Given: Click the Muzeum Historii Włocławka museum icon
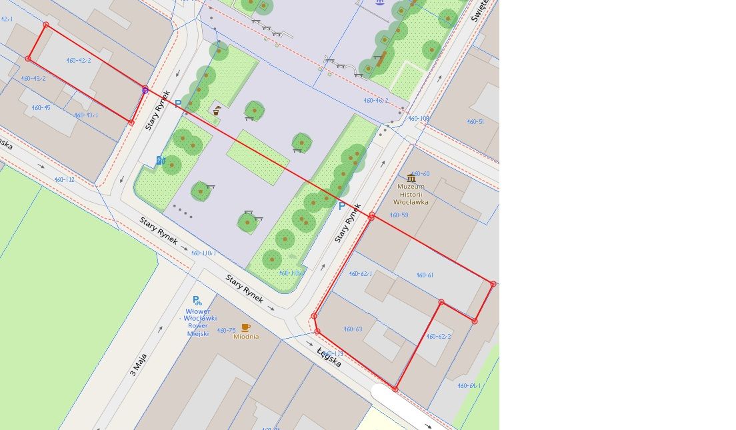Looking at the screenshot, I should [x=411, y=178].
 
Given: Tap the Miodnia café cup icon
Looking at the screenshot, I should [x=245, y=327].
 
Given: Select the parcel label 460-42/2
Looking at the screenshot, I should [x=79, y=61].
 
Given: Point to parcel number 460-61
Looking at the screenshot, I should [x=425, y=275].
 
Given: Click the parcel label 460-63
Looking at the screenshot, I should [x=353, y=329].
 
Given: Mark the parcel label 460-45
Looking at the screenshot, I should [x=41, y=107].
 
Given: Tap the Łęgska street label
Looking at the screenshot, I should [x=329, y=358].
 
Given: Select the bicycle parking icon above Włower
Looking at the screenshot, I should [x=197, y=301].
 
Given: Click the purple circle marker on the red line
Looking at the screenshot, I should [x=145, y=90].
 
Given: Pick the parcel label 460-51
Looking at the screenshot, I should [x=475, y=122].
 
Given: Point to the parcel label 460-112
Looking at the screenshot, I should [x=65, y=179].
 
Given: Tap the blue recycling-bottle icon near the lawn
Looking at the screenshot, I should [x=160, y=160].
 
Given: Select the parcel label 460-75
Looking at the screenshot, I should [x=226, y=331].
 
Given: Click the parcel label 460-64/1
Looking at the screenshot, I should [x=469, y=386].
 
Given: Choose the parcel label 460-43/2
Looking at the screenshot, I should [x=33, y=79].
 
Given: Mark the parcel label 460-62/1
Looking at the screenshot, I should [x=361, y=274].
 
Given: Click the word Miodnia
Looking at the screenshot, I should [x=246, y=337].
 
